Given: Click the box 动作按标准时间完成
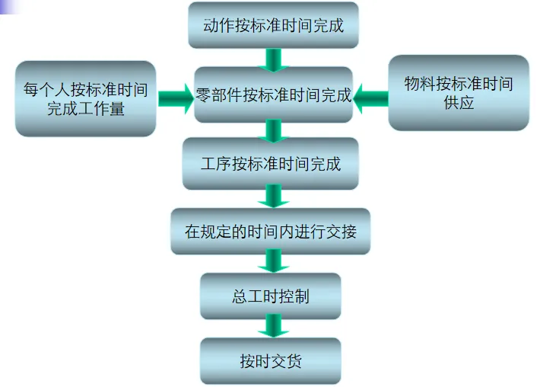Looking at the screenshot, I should pyautogui.click(x=273, y=25).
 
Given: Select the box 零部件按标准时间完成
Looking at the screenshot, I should pyautogui.click(x=273, y=94).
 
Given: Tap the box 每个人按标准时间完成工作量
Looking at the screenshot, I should pyautogui.click(x=86, y=98).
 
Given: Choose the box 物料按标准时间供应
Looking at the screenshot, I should pyautogui.click(x=459, y=92).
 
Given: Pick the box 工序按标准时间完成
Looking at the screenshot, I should pyautogui.click(x=270, y=163).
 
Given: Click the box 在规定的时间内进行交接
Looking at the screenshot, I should pyautogui.click(x=270, y=231).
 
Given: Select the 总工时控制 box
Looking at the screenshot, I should pyautogui.click(x=270, y=296).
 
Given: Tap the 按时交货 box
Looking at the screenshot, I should pyautogui.click(x=270, y=360).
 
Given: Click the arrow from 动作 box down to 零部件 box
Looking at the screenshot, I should pyautogui.click(x=273, y=59).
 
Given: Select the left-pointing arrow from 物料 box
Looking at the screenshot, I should pyautogui.click(x=370, y=95).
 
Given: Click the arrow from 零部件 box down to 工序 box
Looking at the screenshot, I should pyautogui.click(x=272, y=130).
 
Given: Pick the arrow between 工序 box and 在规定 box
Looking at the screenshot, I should pyautogui.click(x=272, y=197).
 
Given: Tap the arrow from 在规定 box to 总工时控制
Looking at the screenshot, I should pyautogui.click(x=272, y=261).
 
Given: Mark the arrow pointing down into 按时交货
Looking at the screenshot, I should pyautogui.click(x=272, y=326).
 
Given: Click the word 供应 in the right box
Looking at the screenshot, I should pyautogui.click(x=459, y=103).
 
